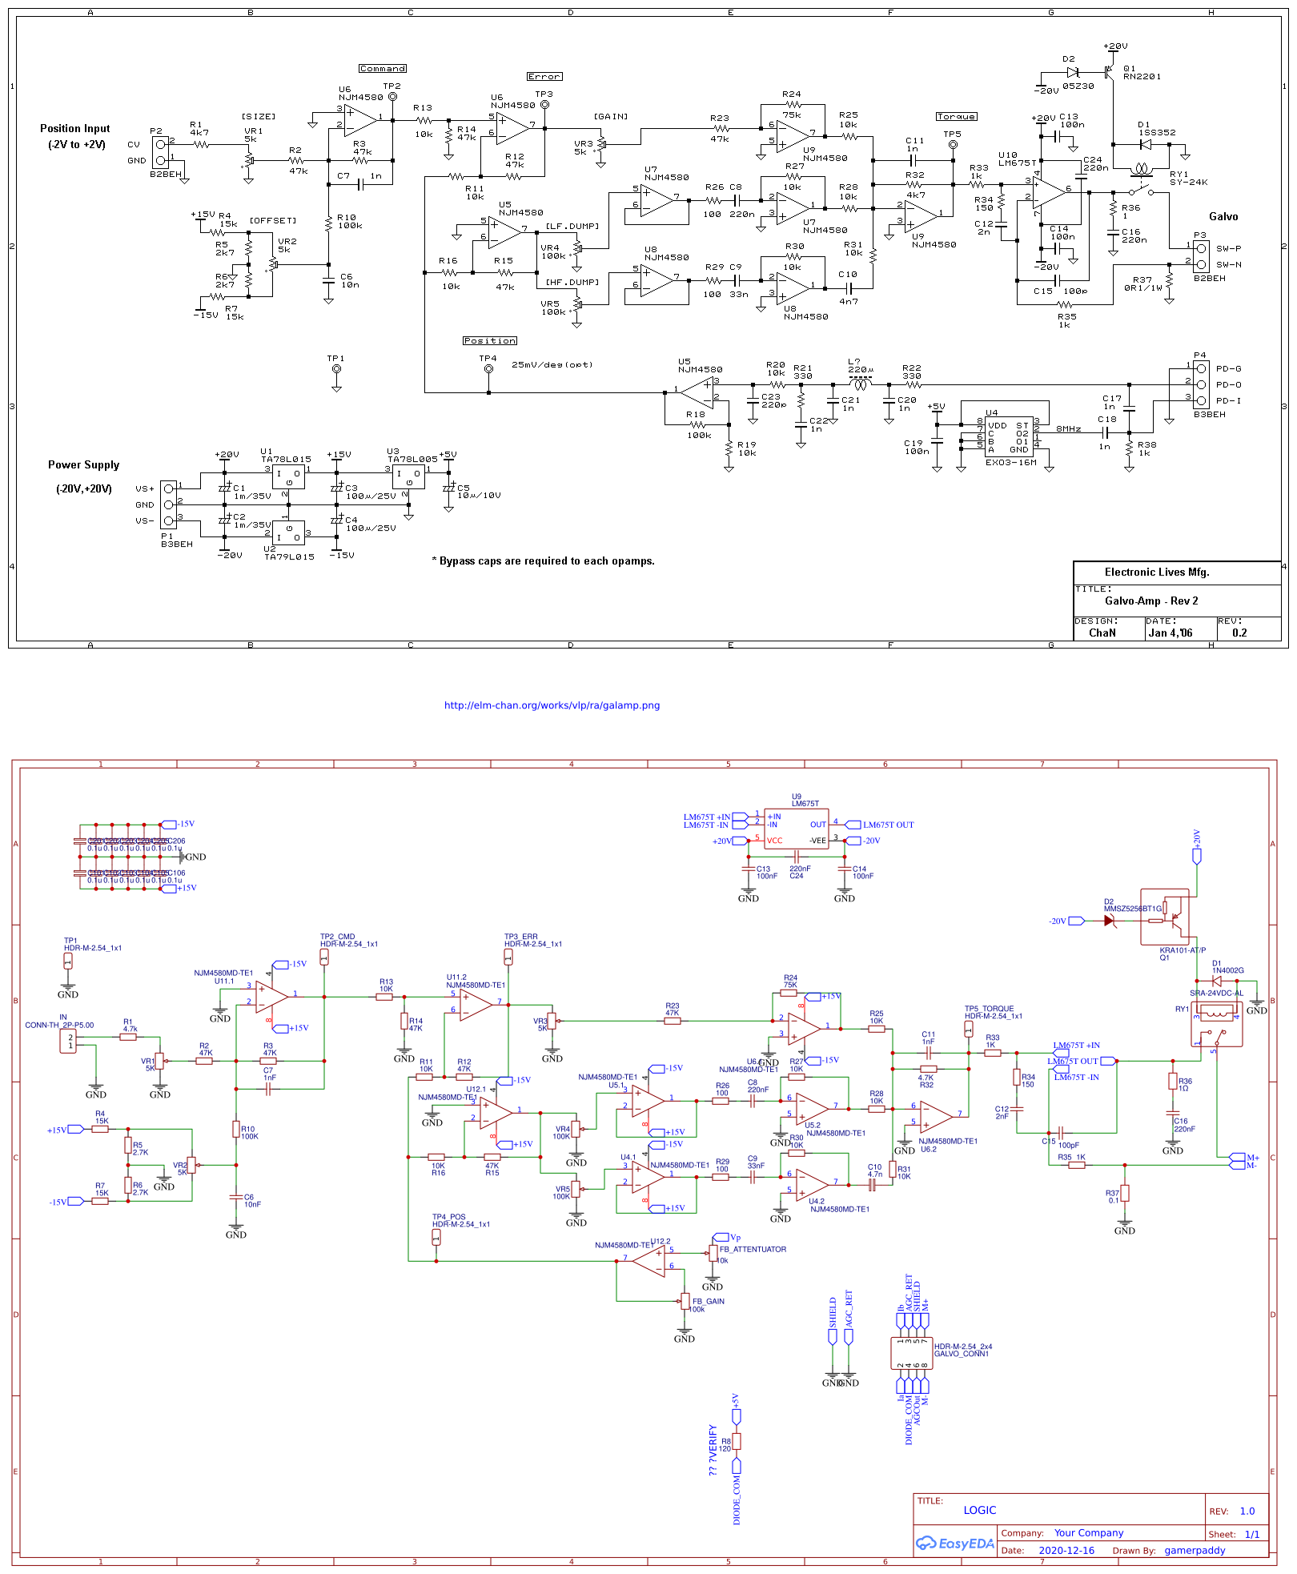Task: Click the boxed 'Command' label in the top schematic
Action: pos(382,69)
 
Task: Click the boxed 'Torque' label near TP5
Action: pos(956,117)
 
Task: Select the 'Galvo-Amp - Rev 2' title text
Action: pos(1150,601)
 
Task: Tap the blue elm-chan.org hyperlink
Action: pos(552,705)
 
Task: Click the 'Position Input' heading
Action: pos(75,128)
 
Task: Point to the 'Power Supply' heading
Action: pos(83,465)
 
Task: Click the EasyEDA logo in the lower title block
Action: pos(955,1543)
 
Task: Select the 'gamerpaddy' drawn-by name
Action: pos(1194,1550)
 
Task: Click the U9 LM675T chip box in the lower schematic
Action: pos(796,829)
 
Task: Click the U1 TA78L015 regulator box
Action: pos(287,476)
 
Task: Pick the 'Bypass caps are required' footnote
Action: pos(543,561)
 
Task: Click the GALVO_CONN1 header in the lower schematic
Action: pos(911,1353)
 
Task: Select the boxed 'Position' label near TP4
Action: pos(489,341)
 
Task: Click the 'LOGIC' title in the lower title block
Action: pos(979,1510)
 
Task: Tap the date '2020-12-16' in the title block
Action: pos(1066,1550)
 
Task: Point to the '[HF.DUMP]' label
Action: pos(572,283)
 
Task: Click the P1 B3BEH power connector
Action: pos(168,504)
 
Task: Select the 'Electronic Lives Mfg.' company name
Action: pos(1156,572)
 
